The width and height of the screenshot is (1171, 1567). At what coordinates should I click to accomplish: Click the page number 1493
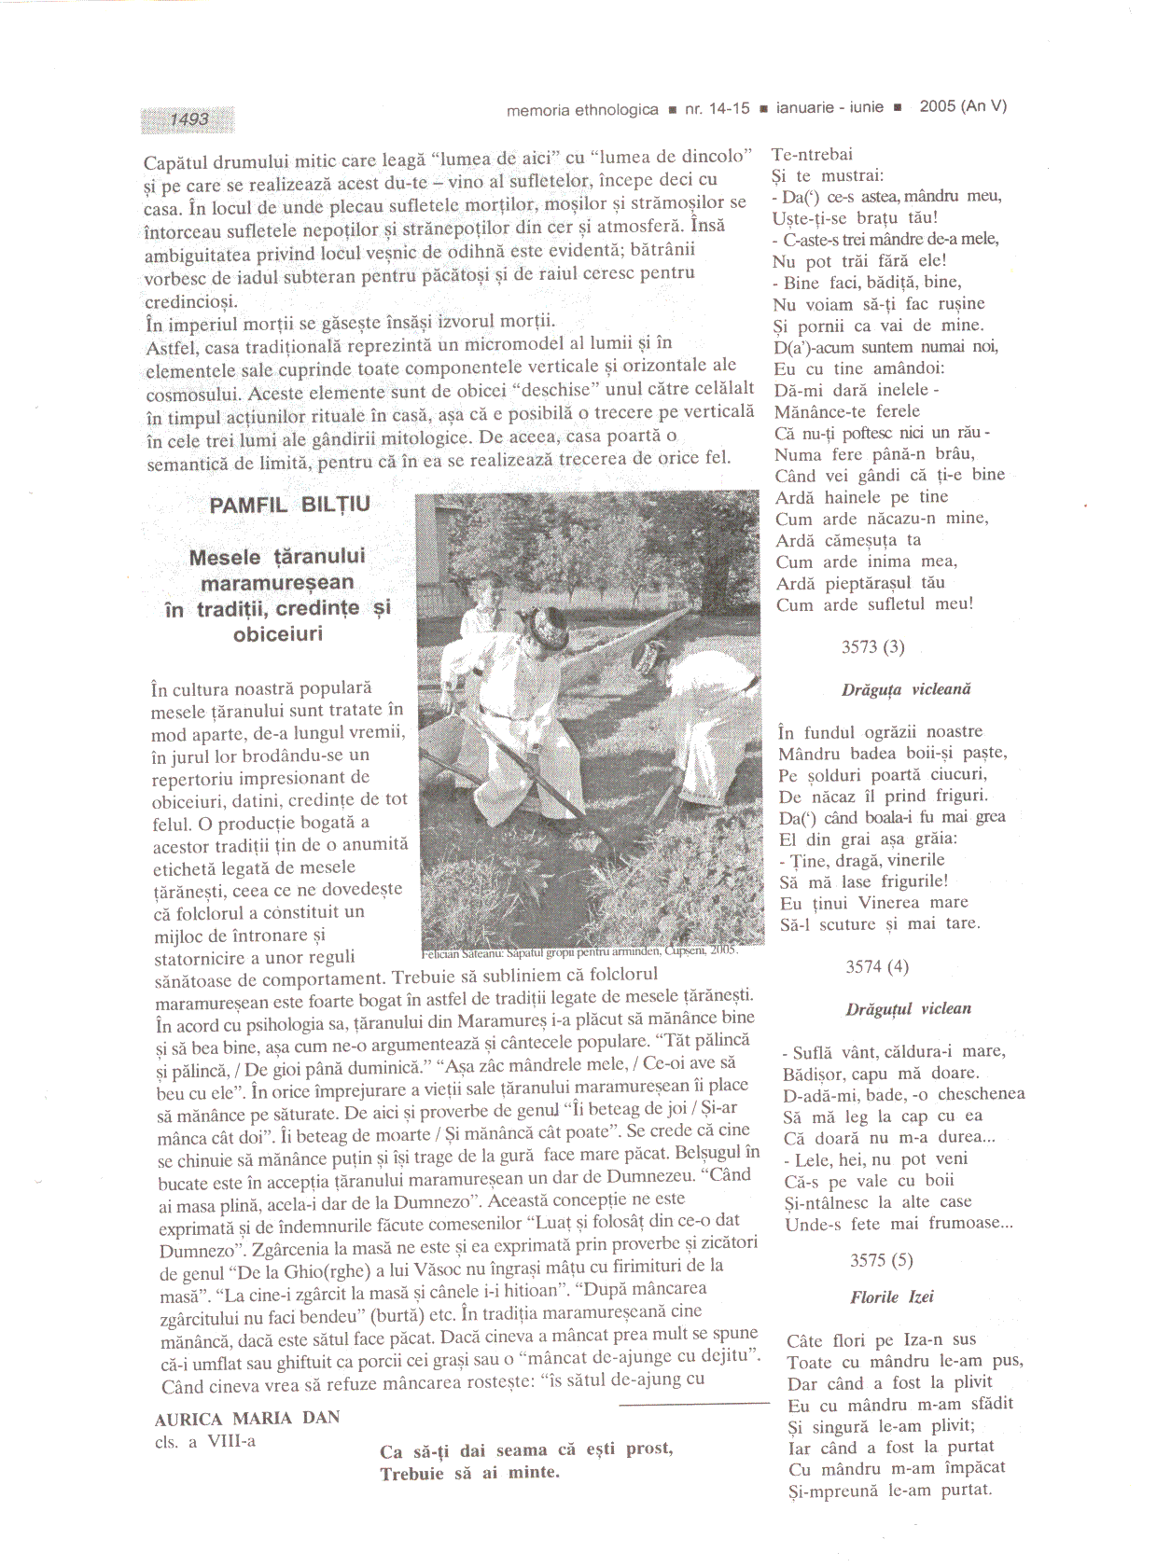point(189,119)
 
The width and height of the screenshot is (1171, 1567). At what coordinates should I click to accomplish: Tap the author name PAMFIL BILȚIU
point(289,505)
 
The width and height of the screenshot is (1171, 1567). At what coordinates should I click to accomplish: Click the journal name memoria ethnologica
point(581,110)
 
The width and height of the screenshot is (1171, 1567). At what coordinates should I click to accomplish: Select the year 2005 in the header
point(937,106)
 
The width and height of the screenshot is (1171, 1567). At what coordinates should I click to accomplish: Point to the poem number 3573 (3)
point(872,646)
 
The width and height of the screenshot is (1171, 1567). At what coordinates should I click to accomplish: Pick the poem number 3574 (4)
point(876,966)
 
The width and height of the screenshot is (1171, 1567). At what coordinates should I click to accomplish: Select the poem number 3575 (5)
point(881,1260)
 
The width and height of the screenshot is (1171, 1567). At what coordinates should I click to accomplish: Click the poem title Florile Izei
point(891,1297)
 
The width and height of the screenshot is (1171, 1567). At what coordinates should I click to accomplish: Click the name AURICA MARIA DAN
point(247,1418)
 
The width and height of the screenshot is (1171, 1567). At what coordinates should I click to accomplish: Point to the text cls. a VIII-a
point(205,1441)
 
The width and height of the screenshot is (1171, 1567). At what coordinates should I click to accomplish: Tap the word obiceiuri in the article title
point(278,634)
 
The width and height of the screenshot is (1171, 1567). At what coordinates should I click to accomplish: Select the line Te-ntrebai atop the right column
point(812,155)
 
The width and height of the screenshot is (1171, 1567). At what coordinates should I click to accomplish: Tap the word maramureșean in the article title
point(277,583)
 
